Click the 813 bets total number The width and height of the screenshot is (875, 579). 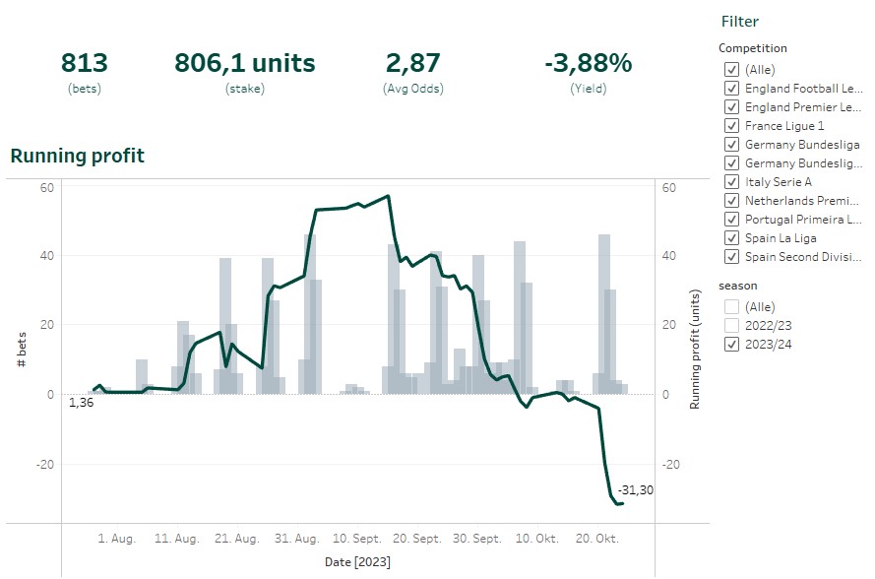pyautogui.click(x=85, y=63)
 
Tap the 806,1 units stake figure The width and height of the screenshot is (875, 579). pyautogui.click(x=245, y=63)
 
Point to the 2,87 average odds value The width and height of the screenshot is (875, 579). pyautogui.click(x=412, y=63)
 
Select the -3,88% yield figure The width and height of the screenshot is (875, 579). pyautogui.click(x=588, y=63)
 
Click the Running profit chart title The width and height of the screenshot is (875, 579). pyautogui.click(x=77, y=156)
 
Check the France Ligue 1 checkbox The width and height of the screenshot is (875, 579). pyautogui.click(x=731, y=126)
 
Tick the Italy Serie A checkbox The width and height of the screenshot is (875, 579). pyautogui.click(x=731, y=182)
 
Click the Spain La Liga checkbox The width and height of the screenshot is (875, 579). pyautogui.click(x=731, y=238)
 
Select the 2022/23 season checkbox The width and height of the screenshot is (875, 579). pyautogui.click(x=731, y=325)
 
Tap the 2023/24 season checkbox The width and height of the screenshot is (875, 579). pyautogui.click(x=731, y=344)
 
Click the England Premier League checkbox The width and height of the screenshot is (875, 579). pyautogui.click(x=731, y=107)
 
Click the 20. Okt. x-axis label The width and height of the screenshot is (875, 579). pyautogui.click(x=595, y=539)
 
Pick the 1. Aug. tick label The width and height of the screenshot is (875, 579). pyautogui.click(x=117, y=539)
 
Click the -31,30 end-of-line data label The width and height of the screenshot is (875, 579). pyautogui.click(x=635, y=490)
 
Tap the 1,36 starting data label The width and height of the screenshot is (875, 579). pyautogui.click(x=81, y=402)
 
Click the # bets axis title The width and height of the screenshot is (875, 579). pyautogui.click(x=22, y=350)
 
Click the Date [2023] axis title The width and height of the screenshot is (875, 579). pyautogui.click(x=357, y=562)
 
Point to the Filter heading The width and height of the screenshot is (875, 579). pyautogui.click(x=740, y=22)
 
